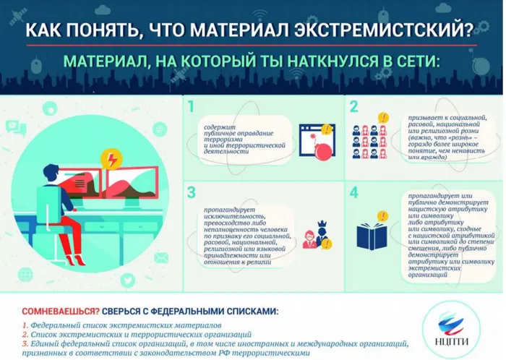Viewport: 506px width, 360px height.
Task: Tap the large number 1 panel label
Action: pyautogui.click(x=192, y=108)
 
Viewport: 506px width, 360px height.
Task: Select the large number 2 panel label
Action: pyautogui.click(x=353, y=108)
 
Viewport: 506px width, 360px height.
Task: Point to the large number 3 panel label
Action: pyautogui.click(x=192, y=193)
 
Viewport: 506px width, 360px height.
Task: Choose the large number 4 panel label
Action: pyautogui.click(x=353, y=193)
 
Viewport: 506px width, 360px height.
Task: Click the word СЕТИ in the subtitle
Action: pyautogui.click(x=408, y=61)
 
